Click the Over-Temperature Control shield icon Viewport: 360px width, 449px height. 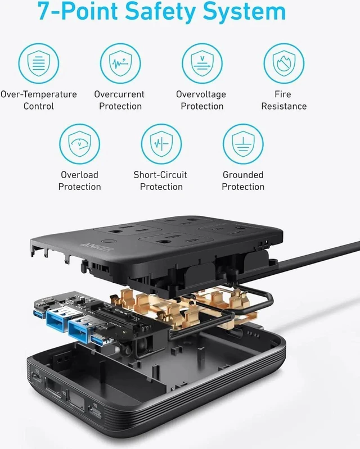click(x=39, y=64)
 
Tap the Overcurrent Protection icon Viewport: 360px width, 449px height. click(x=120, y=64)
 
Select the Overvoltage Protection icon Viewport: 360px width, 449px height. click(x=202, y=64)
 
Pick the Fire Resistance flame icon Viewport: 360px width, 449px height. click(x=283, y=64)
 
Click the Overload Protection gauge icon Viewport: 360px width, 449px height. click(x=80, y=144)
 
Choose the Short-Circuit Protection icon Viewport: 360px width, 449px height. click(x=161, y=144)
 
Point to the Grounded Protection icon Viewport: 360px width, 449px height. click(x=243, y=144)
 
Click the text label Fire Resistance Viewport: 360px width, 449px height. click(x=283, y=100)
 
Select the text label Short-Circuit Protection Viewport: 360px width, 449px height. click(x=160, y=181)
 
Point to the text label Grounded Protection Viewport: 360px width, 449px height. click(x=243, y=181)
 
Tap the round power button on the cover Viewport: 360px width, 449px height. click(x=110, y=241)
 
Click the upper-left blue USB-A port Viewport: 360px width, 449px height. click(x=57, y=318)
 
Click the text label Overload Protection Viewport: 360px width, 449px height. click(x=80, y=181)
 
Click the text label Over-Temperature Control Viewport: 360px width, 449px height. click(x=39, y=100)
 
